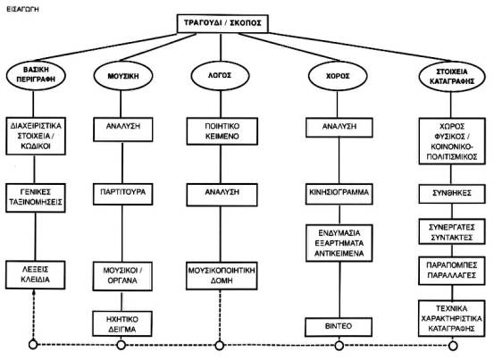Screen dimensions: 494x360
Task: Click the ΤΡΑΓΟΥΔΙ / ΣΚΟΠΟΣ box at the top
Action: pos(222,23)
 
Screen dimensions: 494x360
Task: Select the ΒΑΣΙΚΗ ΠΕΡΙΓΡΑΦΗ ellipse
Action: pos(36,75)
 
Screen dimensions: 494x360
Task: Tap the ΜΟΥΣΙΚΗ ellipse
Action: pos(123,76)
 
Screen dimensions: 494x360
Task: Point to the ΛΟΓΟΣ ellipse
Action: pos(221,76)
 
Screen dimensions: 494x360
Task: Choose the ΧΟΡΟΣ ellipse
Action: pos(338,76)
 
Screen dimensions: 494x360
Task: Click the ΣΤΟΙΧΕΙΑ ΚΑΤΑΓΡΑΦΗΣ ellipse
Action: pos(452,77)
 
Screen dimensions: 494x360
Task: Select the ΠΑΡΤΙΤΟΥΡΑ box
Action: pos(123,195)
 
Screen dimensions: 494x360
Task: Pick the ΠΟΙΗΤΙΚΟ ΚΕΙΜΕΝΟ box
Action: pos(222,131)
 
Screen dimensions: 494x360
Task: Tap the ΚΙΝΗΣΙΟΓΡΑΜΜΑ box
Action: pos(339,194)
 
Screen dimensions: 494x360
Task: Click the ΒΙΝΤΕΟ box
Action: pos(339,327)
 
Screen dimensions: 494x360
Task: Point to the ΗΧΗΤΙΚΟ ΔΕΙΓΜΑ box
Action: pos(122,323)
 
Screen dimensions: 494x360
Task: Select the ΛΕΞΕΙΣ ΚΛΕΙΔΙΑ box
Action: pos(36,275)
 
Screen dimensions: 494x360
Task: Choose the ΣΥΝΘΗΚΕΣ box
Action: pos(452,194)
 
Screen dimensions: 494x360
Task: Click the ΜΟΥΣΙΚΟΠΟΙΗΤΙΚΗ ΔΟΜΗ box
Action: pos(222,276)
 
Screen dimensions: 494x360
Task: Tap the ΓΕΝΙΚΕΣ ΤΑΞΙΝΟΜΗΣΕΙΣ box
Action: pos(36,197)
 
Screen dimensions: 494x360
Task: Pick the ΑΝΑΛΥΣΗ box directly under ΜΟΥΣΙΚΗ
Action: pos(123,130)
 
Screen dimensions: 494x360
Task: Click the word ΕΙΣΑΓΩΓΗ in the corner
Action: pos(22,10)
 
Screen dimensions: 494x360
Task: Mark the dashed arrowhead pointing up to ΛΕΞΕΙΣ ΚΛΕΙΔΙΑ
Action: pos(33,293)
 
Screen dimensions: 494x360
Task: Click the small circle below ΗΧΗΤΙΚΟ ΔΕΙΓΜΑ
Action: pos(121,345)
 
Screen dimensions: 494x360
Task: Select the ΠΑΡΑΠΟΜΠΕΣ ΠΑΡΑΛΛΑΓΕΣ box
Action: pos(452,271)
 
